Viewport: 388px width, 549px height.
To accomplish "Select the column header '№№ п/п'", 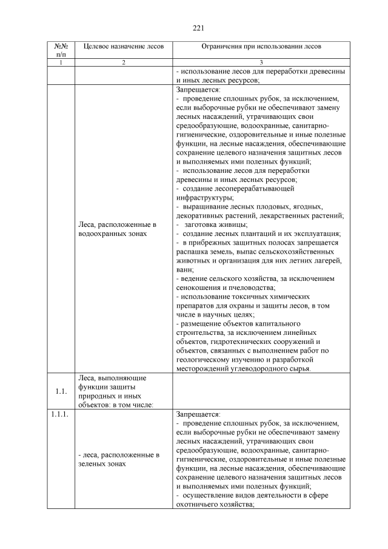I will point(60,50).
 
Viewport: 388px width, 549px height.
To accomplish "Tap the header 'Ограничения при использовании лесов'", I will point(261,46).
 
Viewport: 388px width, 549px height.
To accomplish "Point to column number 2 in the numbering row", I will point(122,62).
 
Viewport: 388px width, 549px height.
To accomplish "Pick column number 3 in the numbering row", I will point(261,62).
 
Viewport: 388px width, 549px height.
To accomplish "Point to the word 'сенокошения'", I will point(198,288).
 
